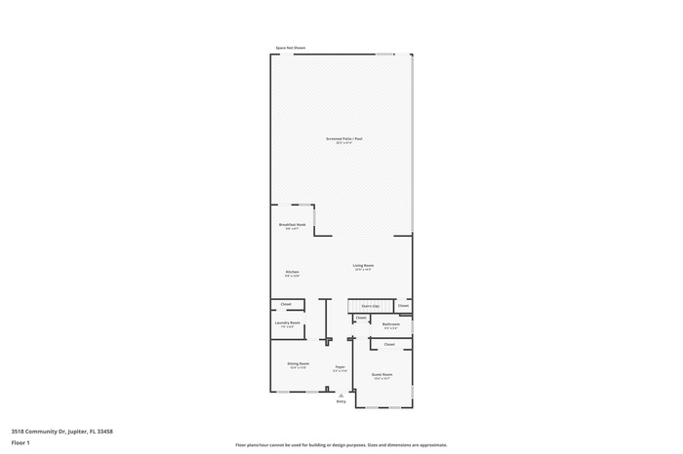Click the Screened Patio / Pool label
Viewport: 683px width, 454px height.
pos(342,139)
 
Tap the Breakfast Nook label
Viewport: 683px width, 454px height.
pos(292,224)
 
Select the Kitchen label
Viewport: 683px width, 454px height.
pos(292,272)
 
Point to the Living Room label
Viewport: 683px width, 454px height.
pos(363,265)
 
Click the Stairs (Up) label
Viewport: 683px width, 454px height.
pos(370,306)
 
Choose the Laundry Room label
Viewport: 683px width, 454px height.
pos(287,322)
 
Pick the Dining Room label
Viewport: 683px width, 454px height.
pos(298,364)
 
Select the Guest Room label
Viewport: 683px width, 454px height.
pos(382,374)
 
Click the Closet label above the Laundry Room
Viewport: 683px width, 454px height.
pos(286,305)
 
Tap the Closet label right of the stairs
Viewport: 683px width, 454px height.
pos(403,306)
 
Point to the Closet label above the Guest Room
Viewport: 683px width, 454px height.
pos(388,344)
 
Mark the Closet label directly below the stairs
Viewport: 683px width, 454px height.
pos(360,318)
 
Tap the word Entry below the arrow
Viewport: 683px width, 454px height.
pos(341,400)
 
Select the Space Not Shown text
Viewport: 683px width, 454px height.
pos(290,48)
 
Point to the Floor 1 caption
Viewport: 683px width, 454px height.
pos(20,442)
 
